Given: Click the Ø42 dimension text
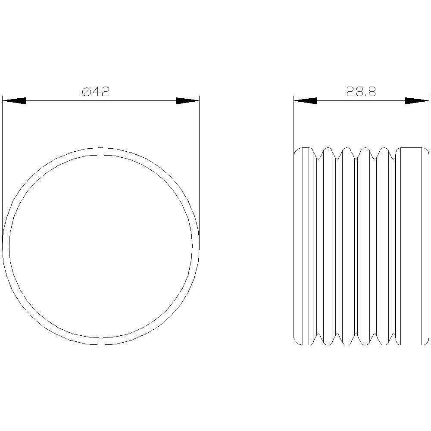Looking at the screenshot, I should (x=96, y=92).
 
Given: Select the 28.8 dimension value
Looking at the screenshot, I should (x=361, y=92).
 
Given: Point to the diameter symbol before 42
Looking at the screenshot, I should (x=86, y=92).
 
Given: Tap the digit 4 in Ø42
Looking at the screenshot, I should (x=96, y=92).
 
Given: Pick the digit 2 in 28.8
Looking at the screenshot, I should (x=350, y=92).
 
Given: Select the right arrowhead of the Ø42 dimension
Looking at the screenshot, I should (x=187, y=101).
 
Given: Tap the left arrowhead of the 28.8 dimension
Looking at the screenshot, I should (x=305, y=101).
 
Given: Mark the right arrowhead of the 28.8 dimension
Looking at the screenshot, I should (x=417, y=101).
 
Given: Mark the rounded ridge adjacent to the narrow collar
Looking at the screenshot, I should (x=328, y=246).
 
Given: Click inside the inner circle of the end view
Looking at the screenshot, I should (x=101, y=246).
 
